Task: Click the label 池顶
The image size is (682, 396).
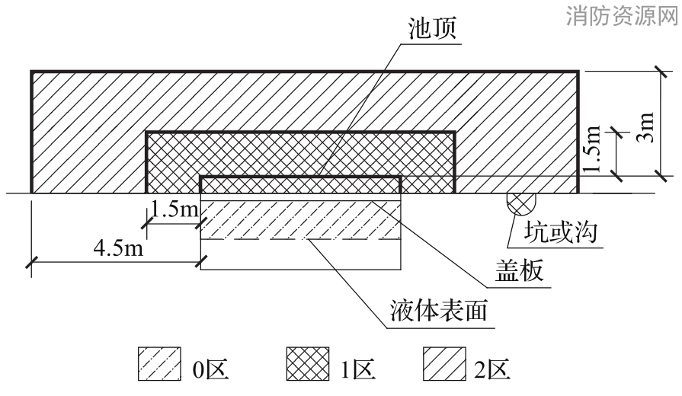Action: pyautogui.click(x=432, y=29)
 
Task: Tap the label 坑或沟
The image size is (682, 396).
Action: pyautogui.click(x=560, y=232)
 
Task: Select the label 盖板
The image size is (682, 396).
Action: pyautogui.click(x=520, y=270)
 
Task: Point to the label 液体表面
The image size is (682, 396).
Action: pyautogui.click(x=438, y=310)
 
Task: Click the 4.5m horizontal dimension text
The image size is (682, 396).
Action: pyautogui.click(x=118, y=248)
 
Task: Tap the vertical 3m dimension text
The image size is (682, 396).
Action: pyautogui.click(x=645, y=127)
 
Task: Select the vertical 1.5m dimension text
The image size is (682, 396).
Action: pyautogui.click(x=593, y=148)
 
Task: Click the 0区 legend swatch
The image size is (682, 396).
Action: pyautogui.click(x=159, y=364)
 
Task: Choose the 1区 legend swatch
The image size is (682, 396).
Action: pyautogui.click(x=308, y=364)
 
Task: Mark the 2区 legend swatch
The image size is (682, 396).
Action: pyautogui.click(x=444, y=364)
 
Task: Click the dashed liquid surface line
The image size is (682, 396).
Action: pyautogui.click(x=300, y=239)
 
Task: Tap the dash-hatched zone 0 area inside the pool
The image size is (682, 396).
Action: pyautogui.click(x=300, y=220)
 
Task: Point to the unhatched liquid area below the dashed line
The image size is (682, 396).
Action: pyautogui.click(x=300, y=254)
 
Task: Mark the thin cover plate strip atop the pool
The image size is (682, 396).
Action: pyautogui.click(x=300, y=197)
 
